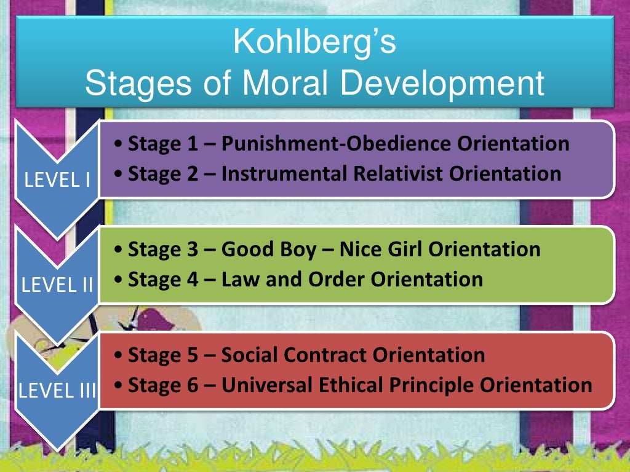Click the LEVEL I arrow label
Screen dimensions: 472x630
(57, 180)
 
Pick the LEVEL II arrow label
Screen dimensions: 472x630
(57, 286)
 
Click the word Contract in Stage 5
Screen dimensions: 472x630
(330, 355)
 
